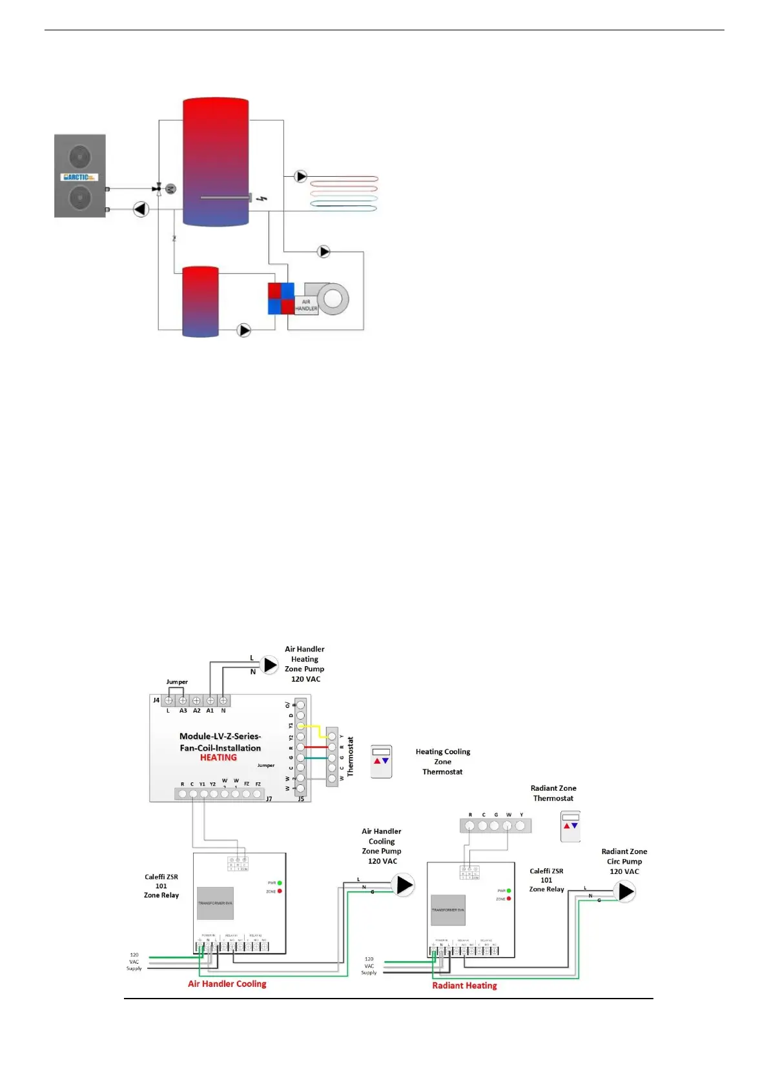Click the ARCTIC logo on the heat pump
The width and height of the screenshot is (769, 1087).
pos(79,177)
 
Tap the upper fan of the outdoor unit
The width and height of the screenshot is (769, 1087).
pos(79,156)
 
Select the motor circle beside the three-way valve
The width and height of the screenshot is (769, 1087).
pos(170,188)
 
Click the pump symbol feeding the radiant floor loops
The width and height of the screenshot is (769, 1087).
pos(301,176)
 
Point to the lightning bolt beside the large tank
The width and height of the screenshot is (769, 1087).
pos(261,199)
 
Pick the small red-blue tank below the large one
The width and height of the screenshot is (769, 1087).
pos(201,301)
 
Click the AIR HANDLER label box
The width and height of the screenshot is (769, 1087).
pos(306,305)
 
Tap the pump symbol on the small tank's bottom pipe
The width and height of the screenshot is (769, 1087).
pos(244,330)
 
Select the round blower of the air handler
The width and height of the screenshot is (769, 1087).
pos(333,299)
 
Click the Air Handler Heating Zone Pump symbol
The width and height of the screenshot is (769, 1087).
pos(269,664)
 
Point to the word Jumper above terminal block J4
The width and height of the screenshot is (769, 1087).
pos(177,682)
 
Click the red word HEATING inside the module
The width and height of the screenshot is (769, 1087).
pos(218,758)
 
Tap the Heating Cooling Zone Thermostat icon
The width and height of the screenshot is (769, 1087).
pos(381,762)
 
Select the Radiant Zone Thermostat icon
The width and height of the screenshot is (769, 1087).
pos(570,826)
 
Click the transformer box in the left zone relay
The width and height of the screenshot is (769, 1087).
pos(215,903)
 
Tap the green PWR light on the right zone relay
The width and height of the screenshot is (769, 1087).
pos(509,891)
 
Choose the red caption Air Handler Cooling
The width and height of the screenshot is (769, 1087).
pos(227,984)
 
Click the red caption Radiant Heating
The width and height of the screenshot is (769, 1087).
pos(464,986)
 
